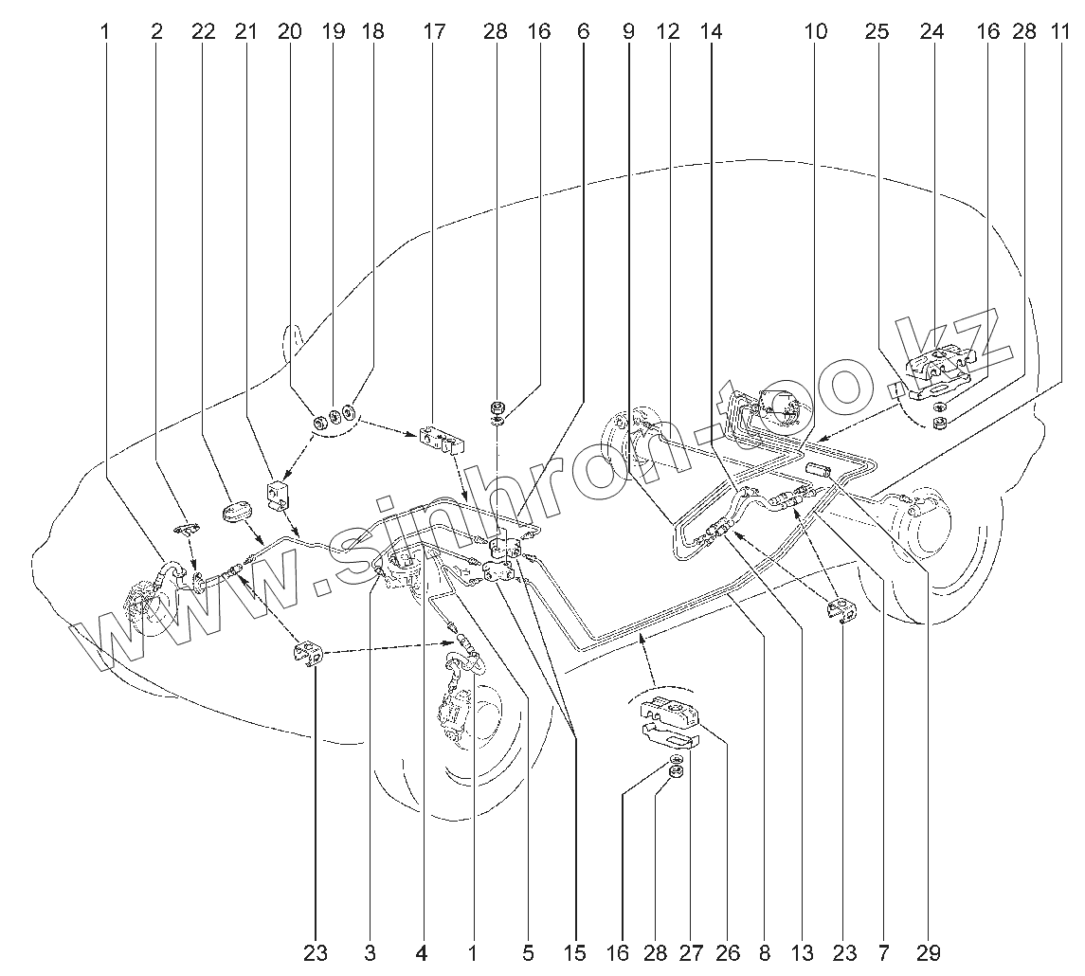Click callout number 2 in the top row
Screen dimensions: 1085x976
pos(156,31)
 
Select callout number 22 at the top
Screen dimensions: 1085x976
pos(203,31)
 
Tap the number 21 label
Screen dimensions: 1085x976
pos(246,31)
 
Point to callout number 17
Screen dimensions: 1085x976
pos(433,31)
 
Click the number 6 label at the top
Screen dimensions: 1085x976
pos(582,31)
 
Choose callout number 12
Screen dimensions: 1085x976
pos(668,31)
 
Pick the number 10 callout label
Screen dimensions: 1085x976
pos(815,31)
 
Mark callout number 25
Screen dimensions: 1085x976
pos(877,31)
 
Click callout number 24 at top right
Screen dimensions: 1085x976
pos(931,31)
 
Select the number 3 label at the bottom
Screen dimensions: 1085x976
pos(370,952)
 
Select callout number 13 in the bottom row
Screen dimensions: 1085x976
pos(803,952)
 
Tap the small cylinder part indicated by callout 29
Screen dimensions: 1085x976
pos(818,470)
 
